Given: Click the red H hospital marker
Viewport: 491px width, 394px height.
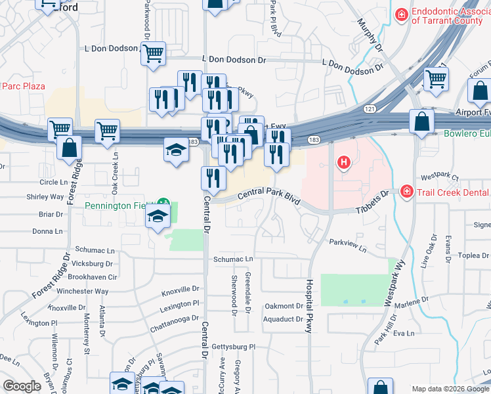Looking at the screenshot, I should (341, 162).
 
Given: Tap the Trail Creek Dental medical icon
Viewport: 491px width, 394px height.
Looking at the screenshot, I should (407, 191).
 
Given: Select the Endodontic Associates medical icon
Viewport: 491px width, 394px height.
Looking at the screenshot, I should (400, 13).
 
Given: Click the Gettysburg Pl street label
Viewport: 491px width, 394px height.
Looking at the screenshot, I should (232, 346).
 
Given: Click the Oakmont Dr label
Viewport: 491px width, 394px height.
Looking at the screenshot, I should (284, 306).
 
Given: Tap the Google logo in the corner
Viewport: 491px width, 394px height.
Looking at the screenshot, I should (22, 386).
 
